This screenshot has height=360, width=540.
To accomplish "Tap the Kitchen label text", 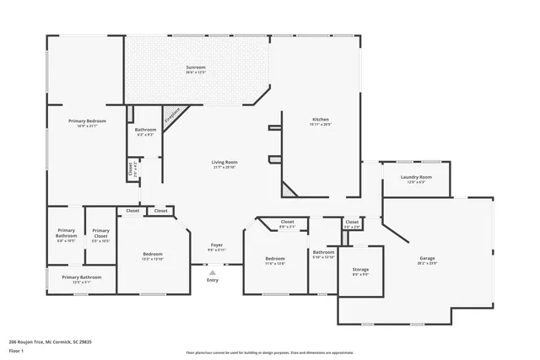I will [x=321, y=121].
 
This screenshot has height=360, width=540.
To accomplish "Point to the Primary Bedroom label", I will [x=87, y=123].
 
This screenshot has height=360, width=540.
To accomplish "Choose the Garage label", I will [x=428, y=261].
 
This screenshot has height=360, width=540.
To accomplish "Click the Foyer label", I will [x=216, y=247].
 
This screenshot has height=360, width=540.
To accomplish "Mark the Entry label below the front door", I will [x=212, y=280].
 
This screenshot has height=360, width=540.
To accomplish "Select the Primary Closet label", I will [x=100, y=233].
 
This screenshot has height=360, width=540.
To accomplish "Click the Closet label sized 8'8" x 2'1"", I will [x=288, y=224].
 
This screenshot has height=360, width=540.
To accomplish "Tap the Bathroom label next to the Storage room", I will [x=323, y=254].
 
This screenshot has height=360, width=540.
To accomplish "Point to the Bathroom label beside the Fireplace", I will [x=145, y=131].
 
